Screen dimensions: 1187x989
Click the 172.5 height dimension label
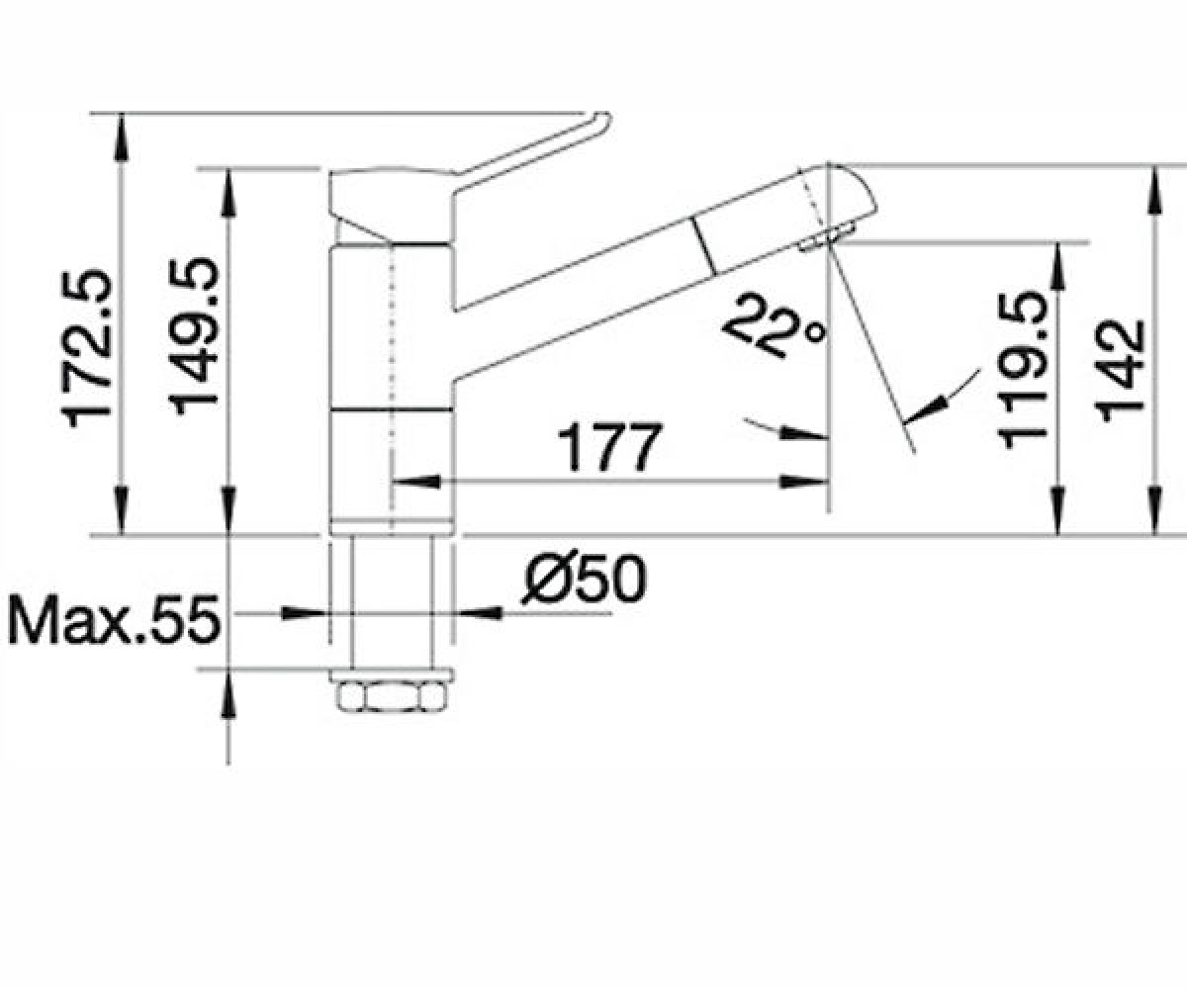click(x=85, y=348)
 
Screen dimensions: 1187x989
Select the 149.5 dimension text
click(x=193, y=335)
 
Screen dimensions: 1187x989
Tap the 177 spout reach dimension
click(x=610, y=447)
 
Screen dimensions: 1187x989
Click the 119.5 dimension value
click(x=1022, y=371)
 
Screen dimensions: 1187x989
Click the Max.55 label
click(x=113, y=619)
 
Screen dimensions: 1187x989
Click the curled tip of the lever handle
click(x=602, y=124)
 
